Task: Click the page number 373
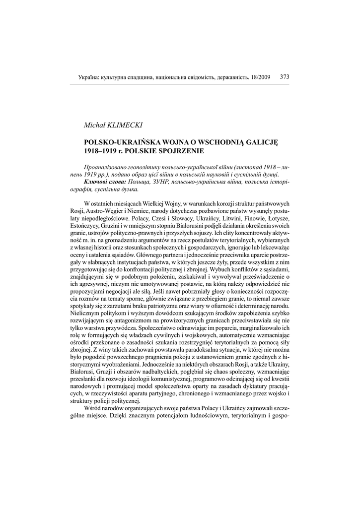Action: (285, 77)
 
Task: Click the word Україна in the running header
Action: (88, 77)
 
